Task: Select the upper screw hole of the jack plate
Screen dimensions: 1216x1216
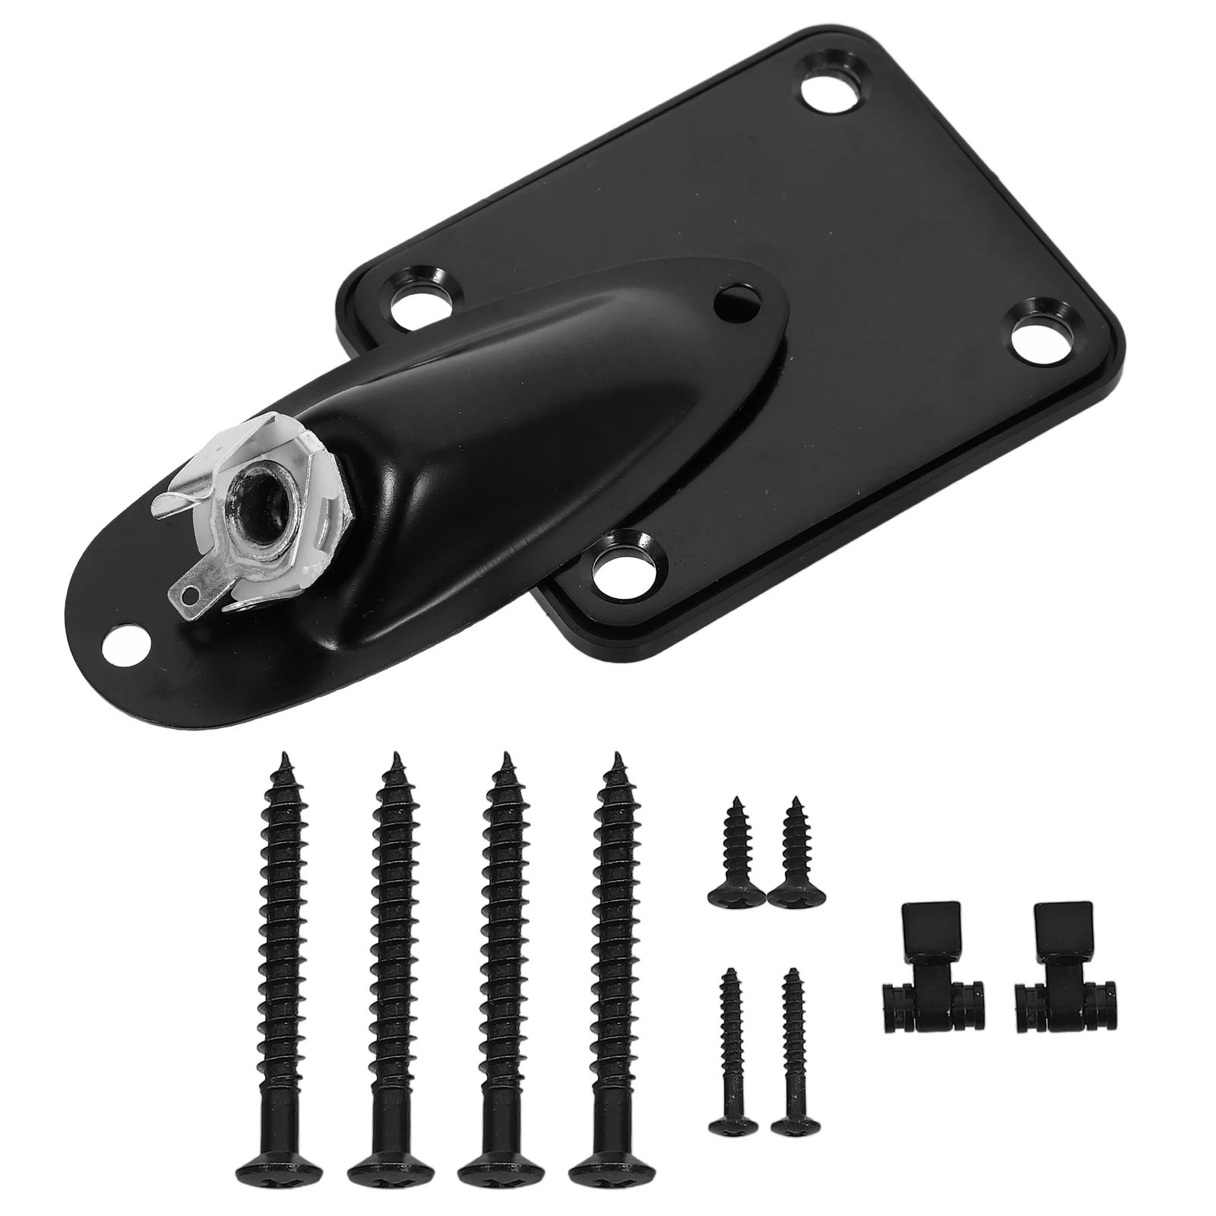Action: pos(735,299)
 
